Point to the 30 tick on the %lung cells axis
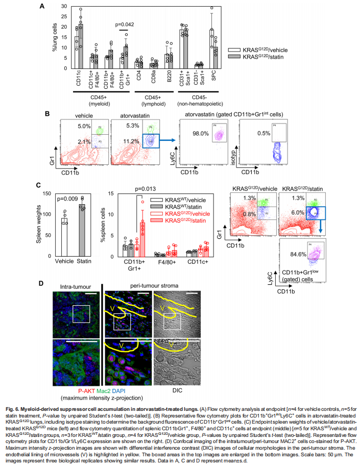coord(65,6)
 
